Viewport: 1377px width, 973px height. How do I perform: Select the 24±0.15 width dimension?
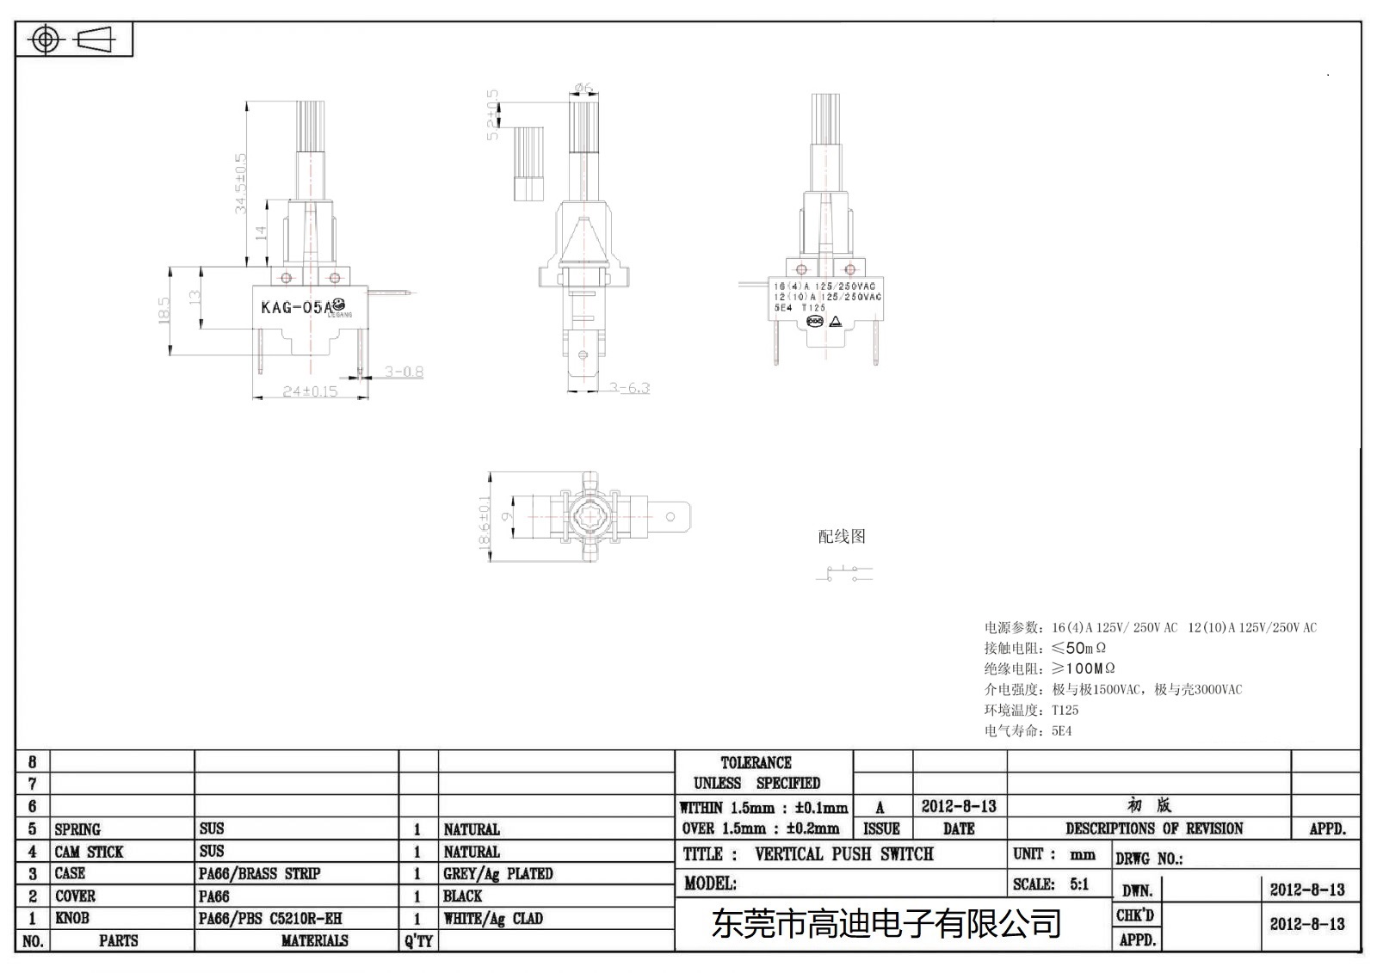click(x=310, y=391)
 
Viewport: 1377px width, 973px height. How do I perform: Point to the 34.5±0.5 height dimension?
click(x=241, y=182)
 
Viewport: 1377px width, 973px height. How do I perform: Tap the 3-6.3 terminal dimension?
click(x=630, y=388)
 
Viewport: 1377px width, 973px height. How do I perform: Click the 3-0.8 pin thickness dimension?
click(x=404, y=372)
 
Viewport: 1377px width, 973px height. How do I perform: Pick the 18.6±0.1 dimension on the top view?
click(x=485, y=521)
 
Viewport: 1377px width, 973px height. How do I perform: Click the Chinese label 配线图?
click(x=842, y=537)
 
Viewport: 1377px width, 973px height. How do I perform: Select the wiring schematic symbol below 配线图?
click(x=844, y=573)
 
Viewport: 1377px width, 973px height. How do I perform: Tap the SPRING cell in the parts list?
click(x=77, y=829)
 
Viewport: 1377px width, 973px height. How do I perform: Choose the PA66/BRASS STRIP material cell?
click(x=259, y=873)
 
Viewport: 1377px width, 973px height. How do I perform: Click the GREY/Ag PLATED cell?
click(x=497, y=873)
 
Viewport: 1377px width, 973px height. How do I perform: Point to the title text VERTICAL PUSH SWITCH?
click(x=843, y=854)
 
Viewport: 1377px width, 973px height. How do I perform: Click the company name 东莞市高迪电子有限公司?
click(x=886, y=924)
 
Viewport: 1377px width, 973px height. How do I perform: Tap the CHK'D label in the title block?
click(x=1135, y=915)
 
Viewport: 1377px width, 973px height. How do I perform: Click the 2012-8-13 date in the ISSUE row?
click(x=959, y=806)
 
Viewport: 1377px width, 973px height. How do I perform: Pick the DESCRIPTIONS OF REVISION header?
click(x=1153, y=828)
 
